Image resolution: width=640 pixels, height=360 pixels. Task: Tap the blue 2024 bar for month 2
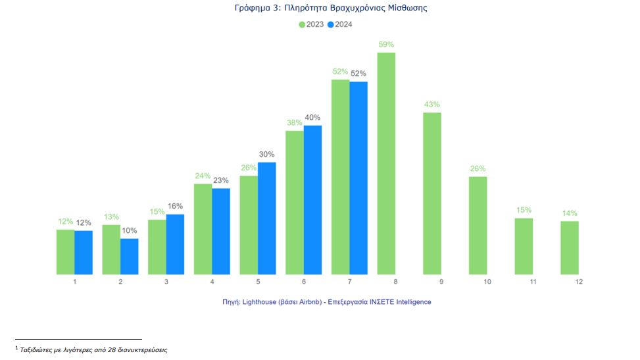pos(130,256)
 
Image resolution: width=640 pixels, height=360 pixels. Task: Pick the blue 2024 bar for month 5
pos(266,218)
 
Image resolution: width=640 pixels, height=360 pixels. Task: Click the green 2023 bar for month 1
pos(66,251)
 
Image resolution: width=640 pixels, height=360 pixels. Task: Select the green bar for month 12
pos(570,247)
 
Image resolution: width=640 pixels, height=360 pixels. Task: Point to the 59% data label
pos(386,45)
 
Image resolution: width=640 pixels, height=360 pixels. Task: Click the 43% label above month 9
pos(432,105)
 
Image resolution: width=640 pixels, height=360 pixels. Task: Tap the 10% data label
pos(130,230)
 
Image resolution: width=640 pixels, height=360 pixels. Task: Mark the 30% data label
pos(266,155)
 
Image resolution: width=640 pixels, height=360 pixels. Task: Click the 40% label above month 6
pos(312,118)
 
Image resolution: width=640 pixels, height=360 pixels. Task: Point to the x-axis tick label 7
pos(350,282)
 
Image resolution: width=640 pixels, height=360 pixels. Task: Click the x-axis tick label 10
pos(487,282)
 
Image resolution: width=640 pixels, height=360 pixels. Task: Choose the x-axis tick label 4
pos(212,282)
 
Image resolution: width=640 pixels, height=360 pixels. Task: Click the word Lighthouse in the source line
pos(260,301)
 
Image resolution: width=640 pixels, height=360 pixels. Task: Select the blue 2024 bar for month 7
pos(358,178)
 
